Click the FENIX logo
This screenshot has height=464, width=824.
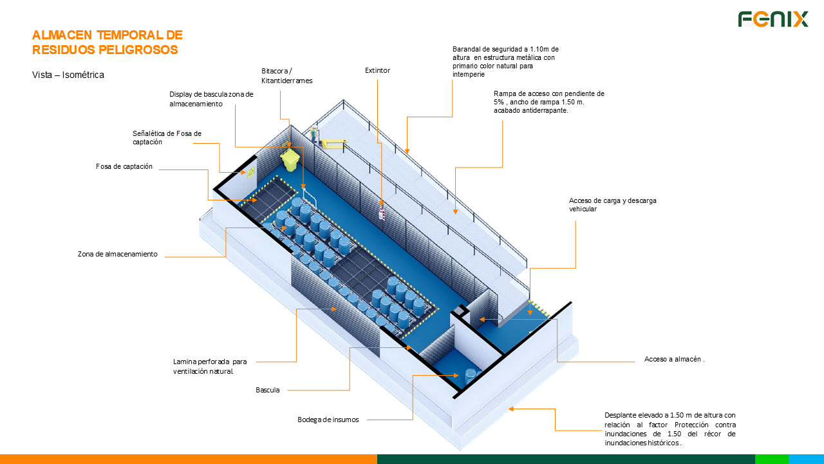click(772, 19)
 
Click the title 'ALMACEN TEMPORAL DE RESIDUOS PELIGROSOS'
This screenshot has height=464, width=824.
click(108, 42)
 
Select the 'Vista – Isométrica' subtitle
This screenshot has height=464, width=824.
click(68, 75)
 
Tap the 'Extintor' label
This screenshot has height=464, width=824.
click(377, 70)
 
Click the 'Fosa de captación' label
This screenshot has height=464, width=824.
click(124, 166)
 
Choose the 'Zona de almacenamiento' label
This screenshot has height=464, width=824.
click(118, 254)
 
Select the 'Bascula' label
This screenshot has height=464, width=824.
click(268, 390)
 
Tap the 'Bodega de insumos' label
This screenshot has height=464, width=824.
click(328, 420)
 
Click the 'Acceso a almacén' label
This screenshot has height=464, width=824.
click(674, 359)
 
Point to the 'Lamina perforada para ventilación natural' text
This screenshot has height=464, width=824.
click(210, 366)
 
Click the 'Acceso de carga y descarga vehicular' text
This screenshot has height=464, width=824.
click(612, 204)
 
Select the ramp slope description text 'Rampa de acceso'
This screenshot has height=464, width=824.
click(548, 102)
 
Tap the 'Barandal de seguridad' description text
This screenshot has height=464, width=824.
click(505, 61)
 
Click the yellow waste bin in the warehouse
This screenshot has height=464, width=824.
click(290, 159)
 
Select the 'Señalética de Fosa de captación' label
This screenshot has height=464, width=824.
click(167, 137)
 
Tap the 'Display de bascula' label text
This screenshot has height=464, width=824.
click(211, 99)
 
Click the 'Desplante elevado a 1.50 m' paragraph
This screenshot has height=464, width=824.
click(669, 429)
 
